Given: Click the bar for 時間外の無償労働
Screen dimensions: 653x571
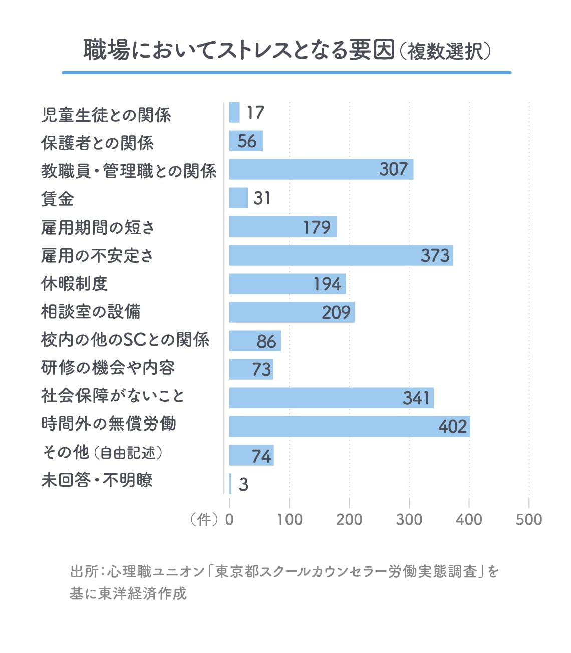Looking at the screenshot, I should [349, 426].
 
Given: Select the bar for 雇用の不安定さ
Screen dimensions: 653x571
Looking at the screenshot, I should [341, 255].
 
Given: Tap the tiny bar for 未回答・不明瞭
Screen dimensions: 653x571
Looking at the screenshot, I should [230, 484].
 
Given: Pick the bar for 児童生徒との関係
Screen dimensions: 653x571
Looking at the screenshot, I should [234, 112].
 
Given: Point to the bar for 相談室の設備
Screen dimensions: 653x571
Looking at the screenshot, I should [292, 312].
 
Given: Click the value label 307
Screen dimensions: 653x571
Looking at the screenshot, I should [393, 169].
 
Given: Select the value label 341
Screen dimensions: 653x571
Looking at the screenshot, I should [416, 398].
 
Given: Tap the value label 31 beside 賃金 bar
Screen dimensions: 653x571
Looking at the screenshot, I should [262, 198].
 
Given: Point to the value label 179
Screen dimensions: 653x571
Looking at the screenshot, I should [317, 227].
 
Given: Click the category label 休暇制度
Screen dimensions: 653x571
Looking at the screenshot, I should [74, 284].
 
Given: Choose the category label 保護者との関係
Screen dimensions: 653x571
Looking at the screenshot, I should [97, 143].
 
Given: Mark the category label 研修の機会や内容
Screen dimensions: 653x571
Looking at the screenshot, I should [108, 368].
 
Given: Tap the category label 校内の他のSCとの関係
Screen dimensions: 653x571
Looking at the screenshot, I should [125, 340].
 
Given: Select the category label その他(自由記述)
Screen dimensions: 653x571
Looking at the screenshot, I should [102, 453].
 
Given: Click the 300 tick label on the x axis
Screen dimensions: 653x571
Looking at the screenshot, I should [409, 520].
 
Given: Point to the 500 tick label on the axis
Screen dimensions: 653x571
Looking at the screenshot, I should [528, 520].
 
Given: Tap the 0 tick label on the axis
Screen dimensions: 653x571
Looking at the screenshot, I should [229, 520].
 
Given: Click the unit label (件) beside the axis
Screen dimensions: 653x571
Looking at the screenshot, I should [204, 520].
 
